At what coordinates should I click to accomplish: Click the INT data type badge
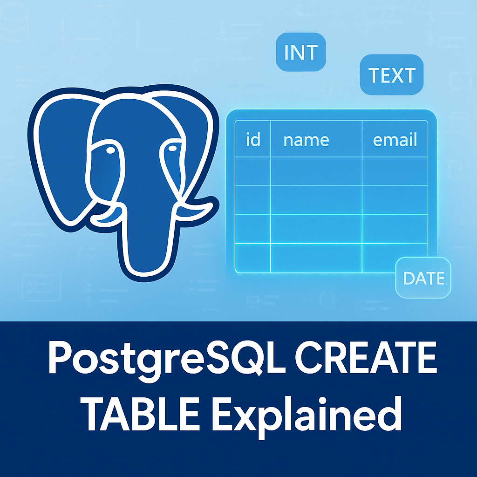tap(300, 52)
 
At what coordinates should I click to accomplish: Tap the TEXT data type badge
tap(391, 75)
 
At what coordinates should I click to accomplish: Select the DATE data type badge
tap(423, 278)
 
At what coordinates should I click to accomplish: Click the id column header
tap(252, 139)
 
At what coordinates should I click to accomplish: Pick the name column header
tap(306, 139)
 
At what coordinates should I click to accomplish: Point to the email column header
tap(395, 139)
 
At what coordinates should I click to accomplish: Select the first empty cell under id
tap(252, 171)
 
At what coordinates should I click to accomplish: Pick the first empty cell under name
tap(316, 171)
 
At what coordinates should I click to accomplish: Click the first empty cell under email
tap(395, 171)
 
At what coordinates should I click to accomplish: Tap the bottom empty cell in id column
tap(252, 258)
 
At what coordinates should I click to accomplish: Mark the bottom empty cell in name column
tap(316, 258)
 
